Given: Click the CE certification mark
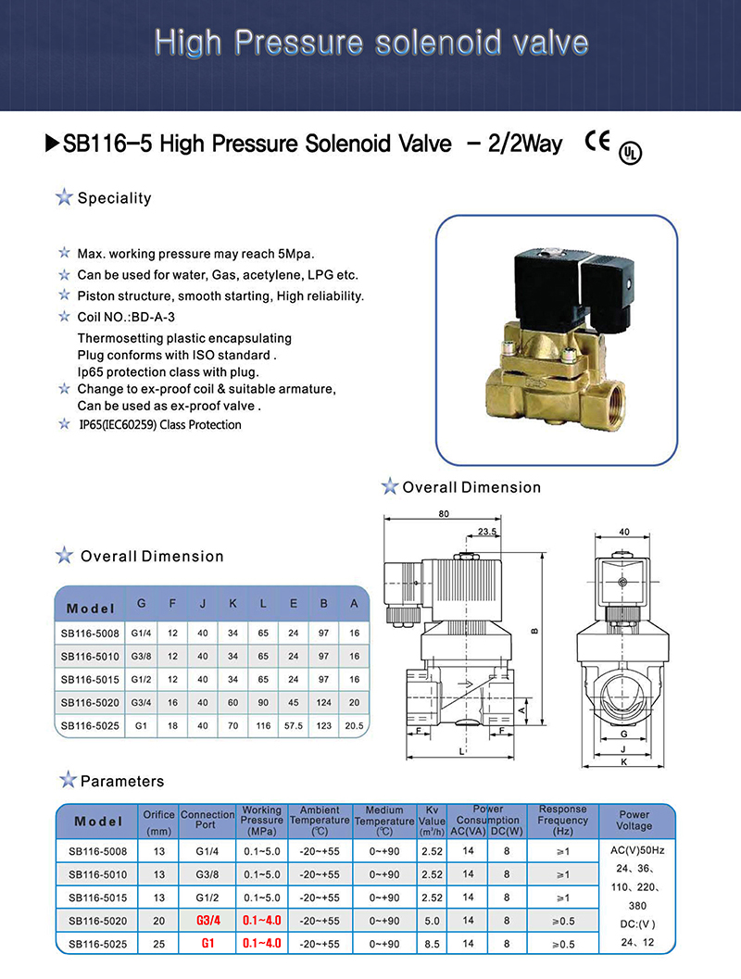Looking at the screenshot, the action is click(597, 141).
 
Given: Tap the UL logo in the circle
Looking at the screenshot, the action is click(630, 153).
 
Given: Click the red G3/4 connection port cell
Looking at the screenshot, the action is click(207, 921).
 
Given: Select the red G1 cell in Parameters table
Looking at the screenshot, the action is click(207, 944).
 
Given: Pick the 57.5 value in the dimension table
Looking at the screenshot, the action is click(294, 725).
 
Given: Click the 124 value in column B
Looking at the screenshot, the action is click(323, 702).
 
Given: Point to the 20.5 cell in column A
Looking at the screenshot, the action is click(354, 725).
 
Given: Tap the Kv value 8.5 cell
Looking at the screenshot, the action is click(432, 944).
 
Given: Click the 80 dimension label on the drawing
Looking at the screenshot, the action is click(444, 514).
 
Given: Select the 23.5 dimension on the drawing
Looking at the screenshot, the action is click(487, 532).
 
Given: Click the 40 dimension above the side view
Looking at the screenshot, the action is click(624, 532).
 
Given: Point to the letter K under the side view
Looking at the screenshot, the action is click(623, 762).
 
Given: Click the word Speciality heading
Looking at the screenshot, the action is click(114, 198).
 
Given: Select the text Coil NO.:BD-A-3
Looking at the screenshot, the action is click(126, 317).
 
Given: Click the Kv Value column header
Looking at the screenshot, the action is click(432, 821).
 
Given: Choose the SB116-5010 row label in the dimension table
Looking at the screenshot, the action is click(90, 656).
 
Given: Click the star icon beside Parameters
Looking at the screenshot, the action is click(68, 780).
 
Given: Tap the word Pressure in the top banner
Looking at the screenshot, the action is click(298, 44).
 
